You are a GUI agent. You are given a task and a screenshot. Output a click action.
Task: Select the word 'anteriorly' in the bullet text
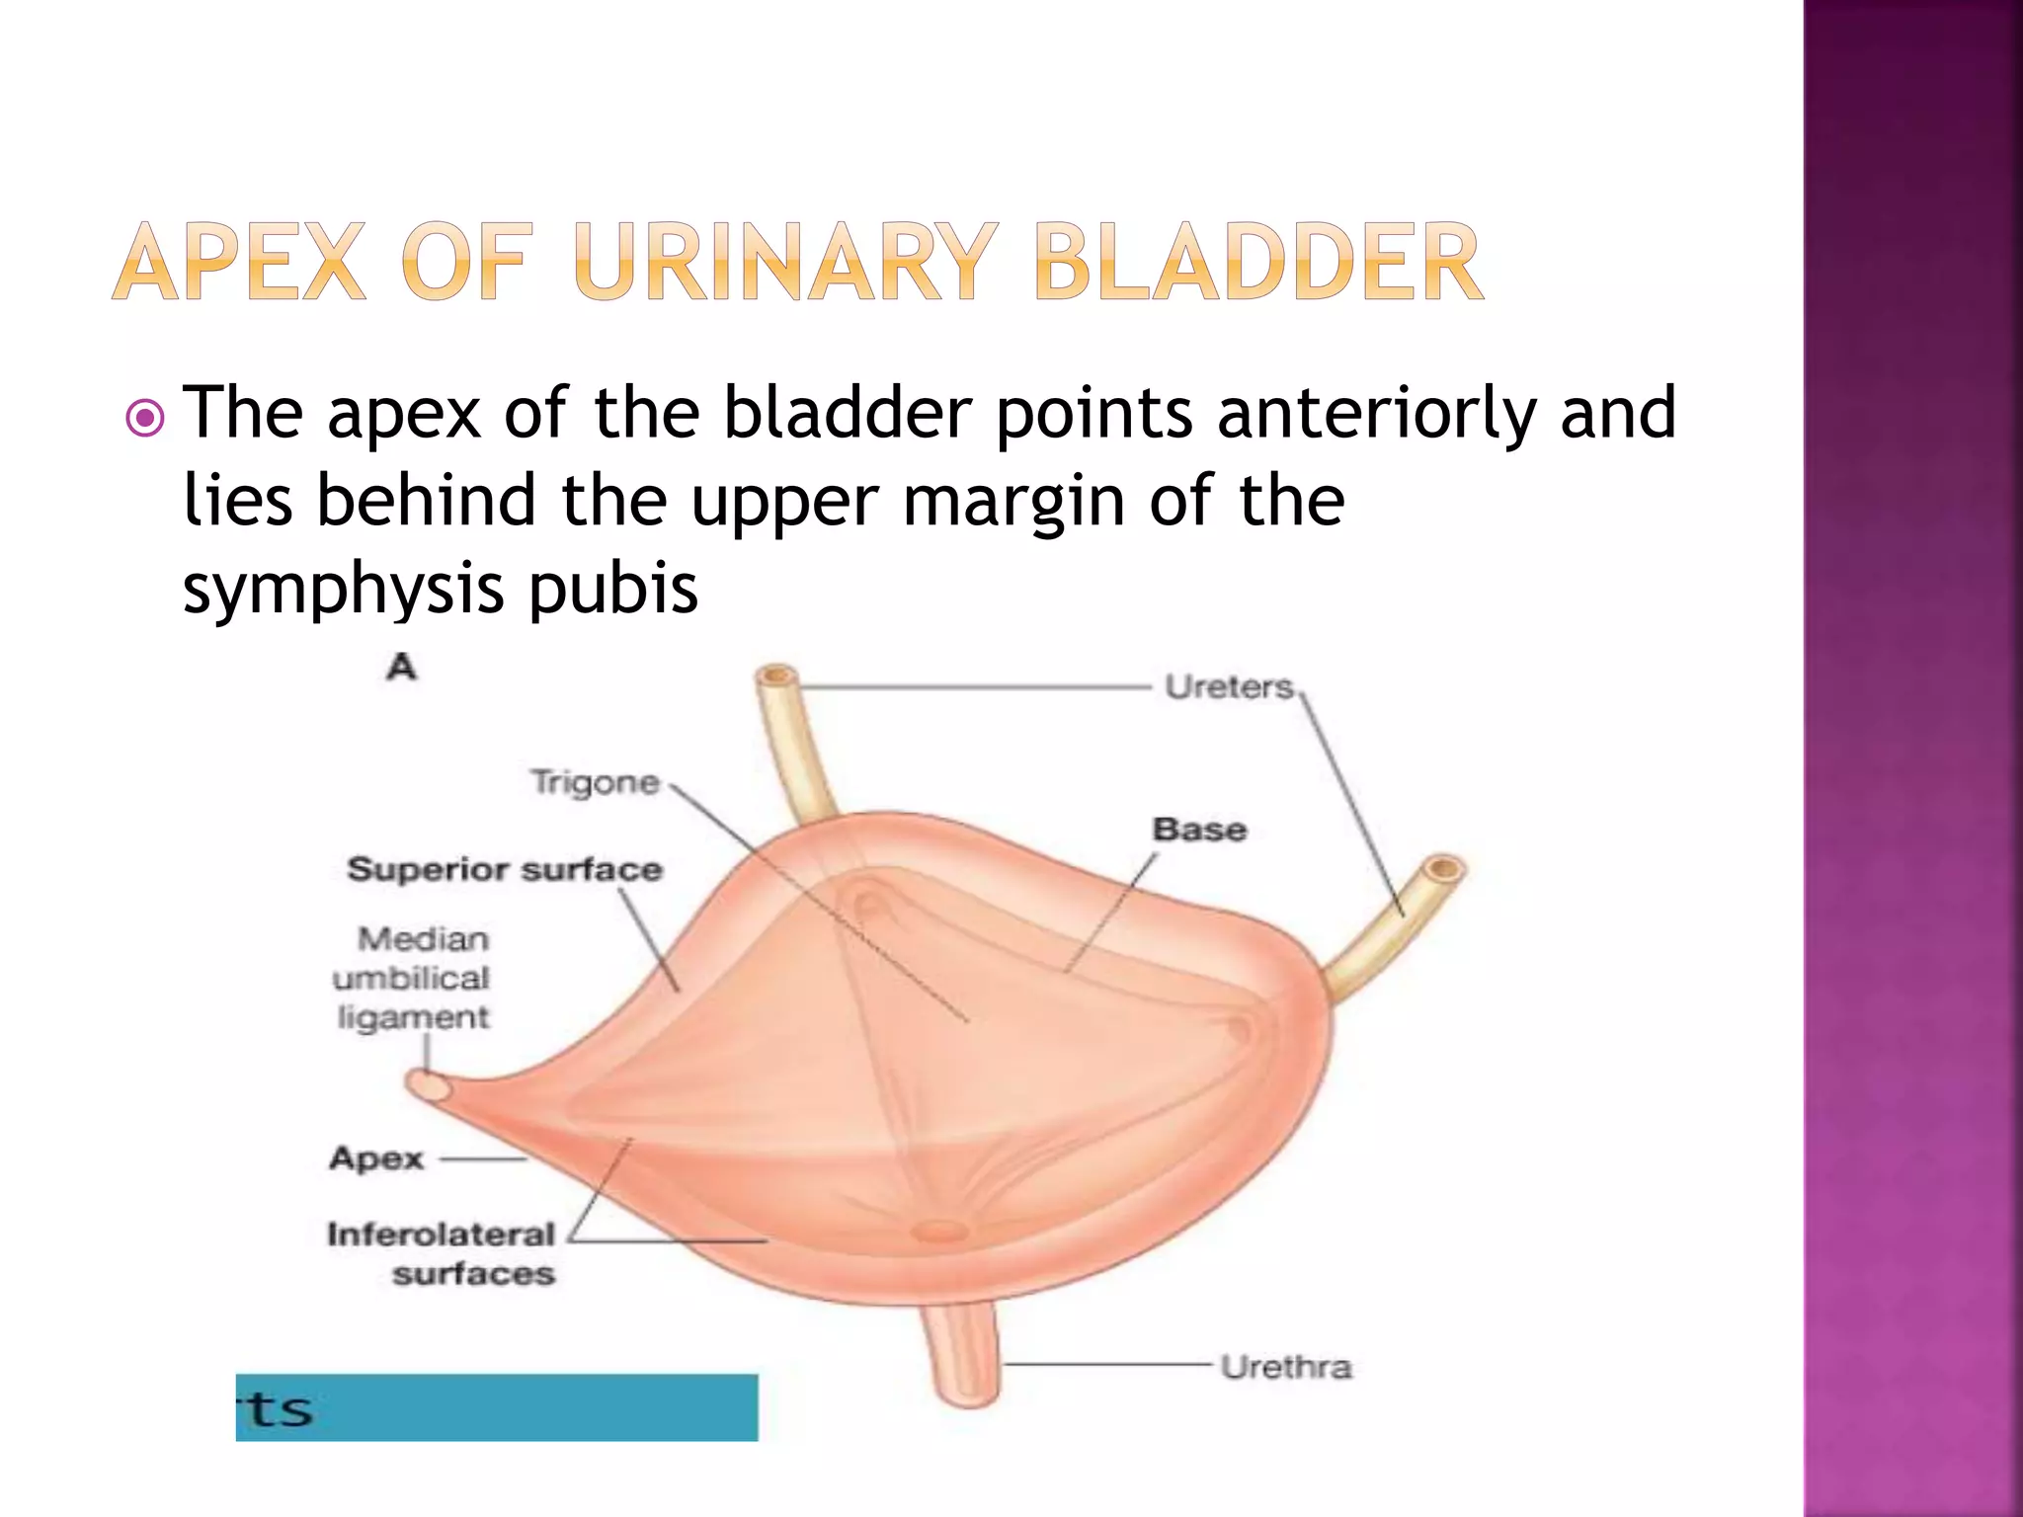tap(1376, 413)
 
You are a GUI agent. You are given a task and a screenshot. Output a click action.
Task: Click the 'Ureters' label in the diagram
tap(1228, 686)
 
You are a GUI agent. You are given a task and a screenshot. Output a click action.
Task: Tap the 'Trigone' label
tap(595, 782)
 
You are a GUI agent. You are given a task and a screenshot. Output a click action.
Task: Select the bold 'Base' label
tap(1199, 830)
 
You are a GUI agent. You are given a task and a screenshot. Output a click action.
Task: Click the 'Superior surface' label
tap(505, 870)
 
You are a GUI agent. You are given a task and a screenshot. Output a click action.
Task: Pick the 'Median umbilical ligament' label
tap(413, 978)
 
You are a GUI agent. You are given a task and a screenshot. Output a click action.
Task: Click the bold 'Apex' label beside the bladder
tap(376, 1158)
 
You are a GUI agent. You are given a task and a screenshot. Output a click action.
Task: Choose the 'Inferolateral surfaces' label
tap(442, 1253)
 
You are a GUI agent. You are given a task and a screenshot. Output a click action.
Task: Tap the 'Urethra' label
tap(1285, 1367)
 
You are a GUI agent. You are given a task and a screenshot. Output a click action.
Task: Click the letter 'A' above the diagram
tap(401, 668)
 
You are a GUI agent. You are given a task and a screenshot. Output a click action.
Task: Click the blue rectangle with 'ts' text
tap(496, 1407)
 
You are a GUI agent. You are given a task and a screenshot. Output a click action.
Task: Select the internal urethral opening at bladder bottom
tap(940, 1231)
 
